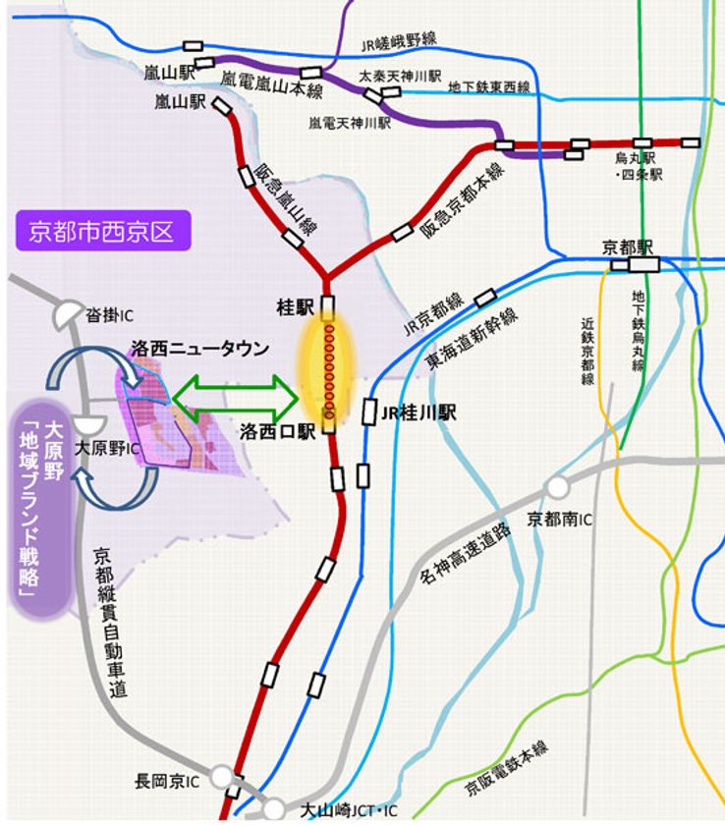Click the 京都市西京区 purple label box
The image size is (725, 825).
[102, 232]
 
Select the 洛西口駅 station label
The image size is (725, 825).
[277, 430]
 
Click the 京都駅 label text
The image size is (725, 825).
[629, 247]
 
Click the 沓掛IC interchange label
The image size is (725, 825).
[109, 315]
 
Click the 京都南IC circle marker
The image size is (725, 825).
[559, 486]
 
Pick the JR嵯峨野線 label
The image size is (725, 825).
[398, 41]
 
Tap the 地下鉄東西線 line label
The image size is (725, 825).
[489, 88]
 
